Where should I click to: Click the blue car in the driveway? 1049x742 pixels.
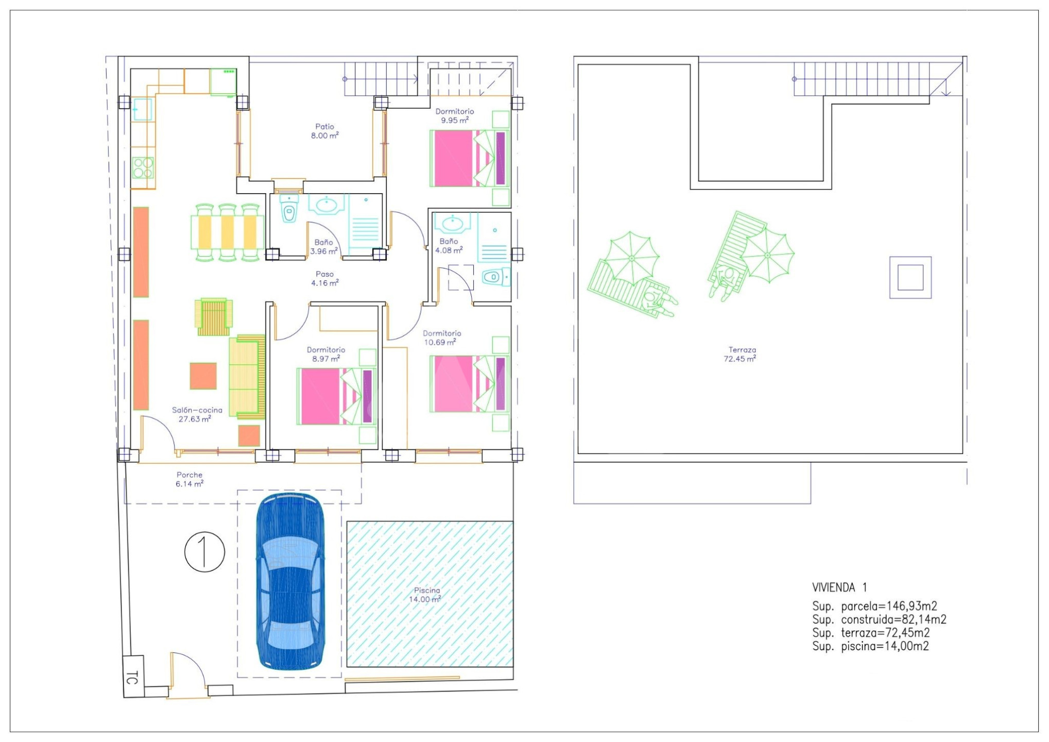pos(290,582)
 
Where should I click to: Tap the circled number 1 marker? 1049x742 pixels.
pos(204,551)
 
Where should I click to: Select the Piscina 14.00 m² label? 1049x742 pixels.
pos(425,595)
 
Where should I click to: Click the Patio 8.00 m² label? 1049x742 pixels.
pos(324,131)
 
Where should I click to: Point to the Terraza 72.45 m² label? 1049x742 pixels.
pos(740,354)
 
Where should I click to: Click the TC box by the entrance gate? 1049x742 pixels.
pos(133,676)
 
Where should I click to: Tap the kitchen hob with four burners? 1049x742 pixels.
pos(143,167)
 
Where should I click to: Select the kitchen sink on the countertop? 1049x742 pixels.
pos(142,109)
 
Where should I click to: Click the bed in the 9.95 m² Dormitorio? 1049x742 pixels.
pos(469,158)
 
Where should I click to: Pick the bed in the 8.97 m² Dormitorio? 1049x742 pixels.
pos(336,396)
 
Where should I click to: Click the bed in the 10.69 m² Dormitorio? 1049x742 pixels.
pos(469,383)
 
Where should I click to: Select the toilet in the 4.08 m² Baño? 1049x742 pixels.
pos(495,277)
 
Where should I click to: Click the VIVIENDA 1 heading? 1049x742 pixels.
pos(839,587)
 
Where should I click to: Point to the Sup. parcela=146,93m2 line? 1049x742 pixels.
pos(874,606)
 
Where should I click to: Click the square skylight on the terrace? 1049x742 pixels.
pos(910,277)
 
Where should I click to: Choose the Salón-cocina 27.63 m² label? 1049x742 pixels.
pos(197,414)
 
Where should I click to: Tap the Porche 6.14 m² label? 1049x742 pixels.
pos(190,479)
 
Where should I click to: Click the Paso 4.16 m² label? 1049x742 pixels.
pos(324,278)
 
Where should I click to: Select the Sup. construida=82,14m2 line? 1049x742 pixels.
pos(879,619)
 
